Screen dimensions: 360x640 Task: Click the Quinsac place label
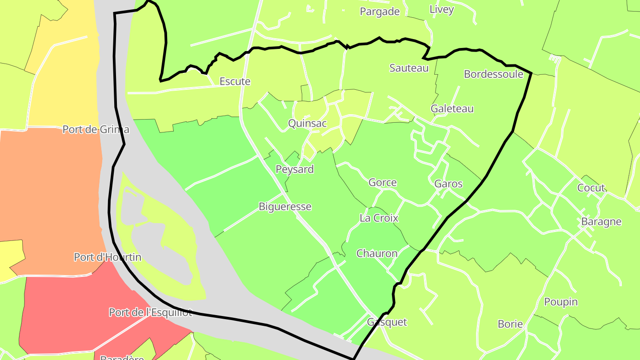tap(307, 124)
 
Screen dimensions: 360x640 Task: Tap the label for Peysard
tap(294, 169)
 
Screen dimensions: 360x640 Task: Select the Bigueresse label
tap(285, 207)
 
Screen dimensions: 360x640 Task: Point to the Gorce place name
tap(382, 183)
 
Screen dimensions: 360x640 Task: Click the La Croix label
tap(379, 218)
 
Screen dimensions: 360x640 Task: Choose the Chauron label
tap(377, 254)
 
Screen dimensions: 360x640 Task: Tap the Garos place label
tap(448, 184)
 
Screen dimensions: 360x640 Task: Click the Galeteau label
tap(452, 109)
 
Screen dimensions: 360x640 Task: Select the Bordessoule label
tap(493, 74)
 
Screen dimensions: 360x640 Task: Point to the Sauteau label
tap(409, 68)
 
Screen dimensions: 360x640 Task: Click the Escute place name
tap(235, 82)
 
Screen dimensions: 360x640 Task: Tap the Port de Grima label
tap(96, 130)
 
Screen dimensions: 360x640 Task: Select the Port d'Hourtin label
tap(108, 257)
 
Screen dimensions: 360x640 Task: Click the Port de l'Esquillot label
tap(150, 312)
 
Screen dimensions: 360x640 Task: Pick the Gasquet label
tap(387, 322)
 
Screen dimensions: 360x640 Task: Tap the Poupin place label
tap(561, 302)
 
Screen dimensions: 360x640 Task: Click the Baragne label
tap(601, 222)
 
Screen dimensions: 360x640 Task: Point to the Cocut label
tap(591, 188)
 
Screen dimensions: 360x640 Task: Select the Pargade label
tap(380, 12)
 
